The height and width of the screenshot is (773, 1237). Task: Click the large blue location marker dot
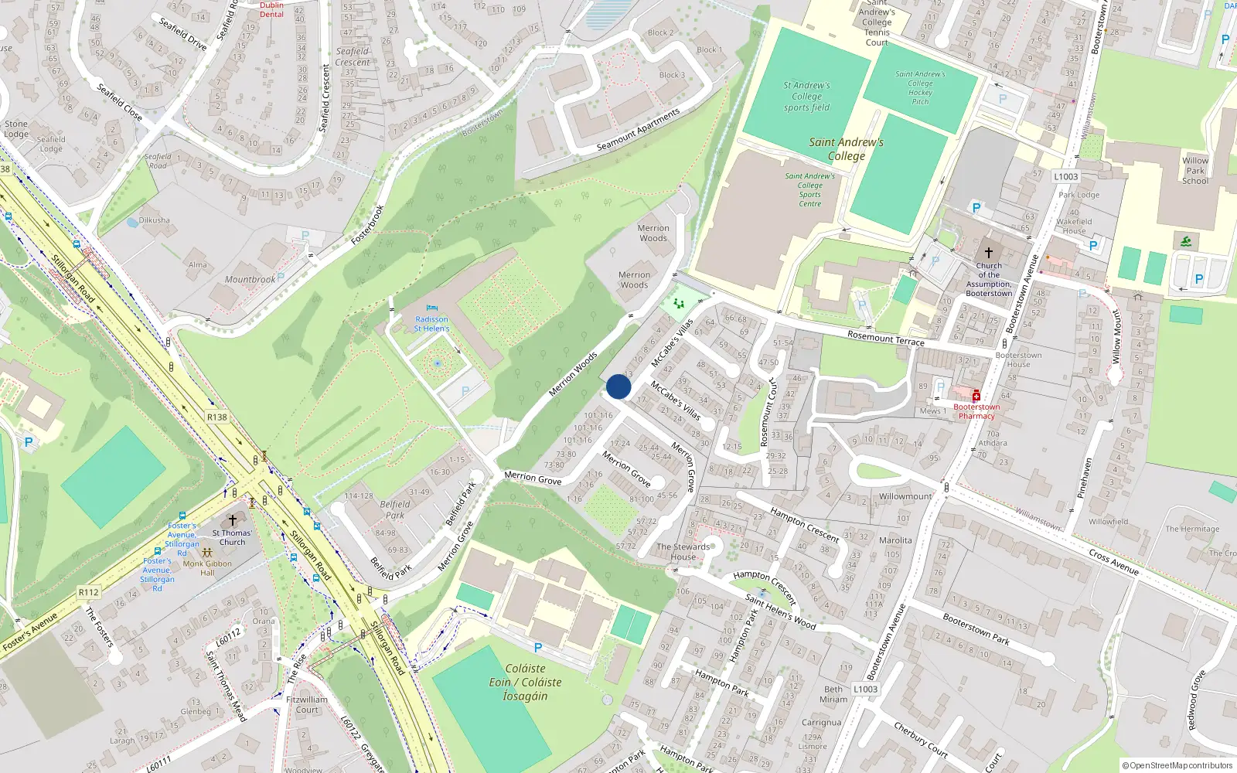click(x=618, y=386)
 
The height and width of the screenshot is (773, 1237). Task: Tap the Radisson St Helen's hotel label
click(x=431, y=324)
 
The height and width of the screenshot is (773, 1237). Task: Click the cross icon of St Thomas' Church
click(x=232, y=520)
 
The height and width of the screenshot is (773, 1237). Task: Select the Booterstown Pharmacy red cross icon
click(x=976, y=396)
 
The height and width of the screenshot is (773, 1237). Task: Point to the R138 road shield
click(x=217, y=417)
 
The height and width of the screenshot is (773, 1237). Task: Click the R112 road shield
click(x=89, y=592)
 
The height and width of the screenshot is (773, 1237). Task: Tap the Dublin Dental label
click(x=271, y=9)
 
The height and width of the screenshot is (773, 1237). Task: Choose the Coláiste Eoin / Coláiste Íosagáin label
click(x=525, y=682)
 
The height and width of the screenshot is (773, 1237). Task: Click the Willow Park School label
click(x=1195, y=171)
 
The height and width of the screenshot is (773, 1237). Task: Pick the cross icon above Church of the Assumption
click(x=988, y=253)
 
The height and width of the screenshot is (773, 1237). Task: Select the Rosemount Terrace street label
click(x=885, y=338)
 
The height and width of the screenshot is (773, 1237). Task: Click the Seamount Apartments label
click(x=639, y=130)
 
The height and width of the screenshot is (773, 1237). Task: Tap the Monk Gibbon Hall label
click(x=207, y=568)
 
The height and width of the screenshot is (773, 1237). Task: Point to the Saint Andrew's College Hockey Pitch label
click(x=920, y=88)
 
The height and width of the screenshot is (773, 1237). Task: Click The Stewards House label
click(x=683, y=551)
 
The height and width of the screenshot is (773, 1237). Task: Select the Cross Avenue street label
click(x=1113, y=562)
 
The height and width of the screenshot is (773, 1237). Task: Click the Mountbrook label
click(x=250, y=280)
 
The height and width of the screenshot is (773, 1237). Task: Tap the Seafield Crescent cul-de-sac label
click(x=353, y=57)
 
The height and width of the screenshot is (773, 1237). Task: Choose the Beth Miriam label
click(x=833, y=694)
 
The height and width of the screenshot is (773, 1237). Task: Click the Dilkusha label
click(x=155, y=220)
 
